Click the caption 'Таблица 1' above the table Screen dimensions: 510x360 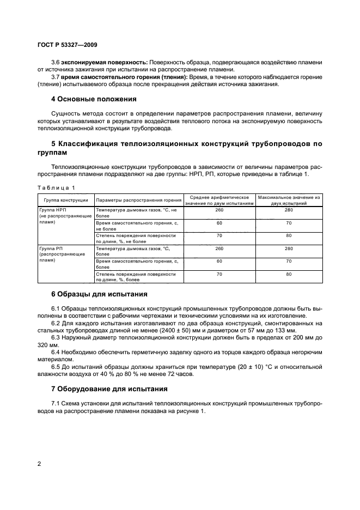click(x=56, y=187)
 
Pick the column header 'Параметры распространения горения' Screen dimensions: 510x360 click(x=138, y=199)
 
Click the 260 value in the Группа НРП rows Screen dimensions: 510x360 click(x=219, y=209)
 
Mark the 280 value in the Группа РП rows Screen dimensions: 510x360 click(x=289, y=248)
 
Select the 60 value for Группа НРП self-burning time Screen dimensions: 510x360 click(x=219, y=223)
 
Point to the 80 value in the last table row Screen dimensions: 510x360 click(x=289, y=274)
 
